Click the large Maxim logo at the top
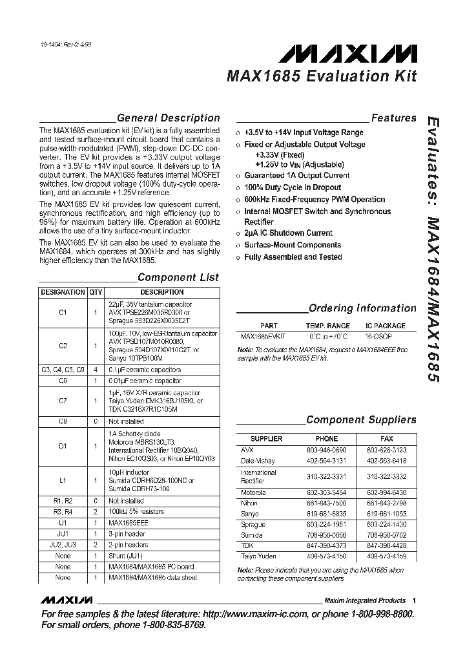[352, 52]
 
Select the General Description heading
[168, 118]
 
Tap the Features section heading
[393, 118]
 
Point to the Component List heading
[178, 278]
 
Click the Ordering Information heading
[362, 308]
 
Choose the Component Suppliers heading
[361, 420]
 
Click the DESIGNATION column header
[63, 292]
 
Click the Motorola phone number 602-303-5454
[326, 493]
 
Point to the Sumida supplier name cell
[253, 536]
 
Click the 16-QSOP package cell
[386, 337]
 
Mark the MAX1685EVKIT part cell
[263, 337]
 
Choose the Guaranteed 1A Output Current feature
[296, 175]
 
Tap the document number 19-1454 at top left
[52, 45]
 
